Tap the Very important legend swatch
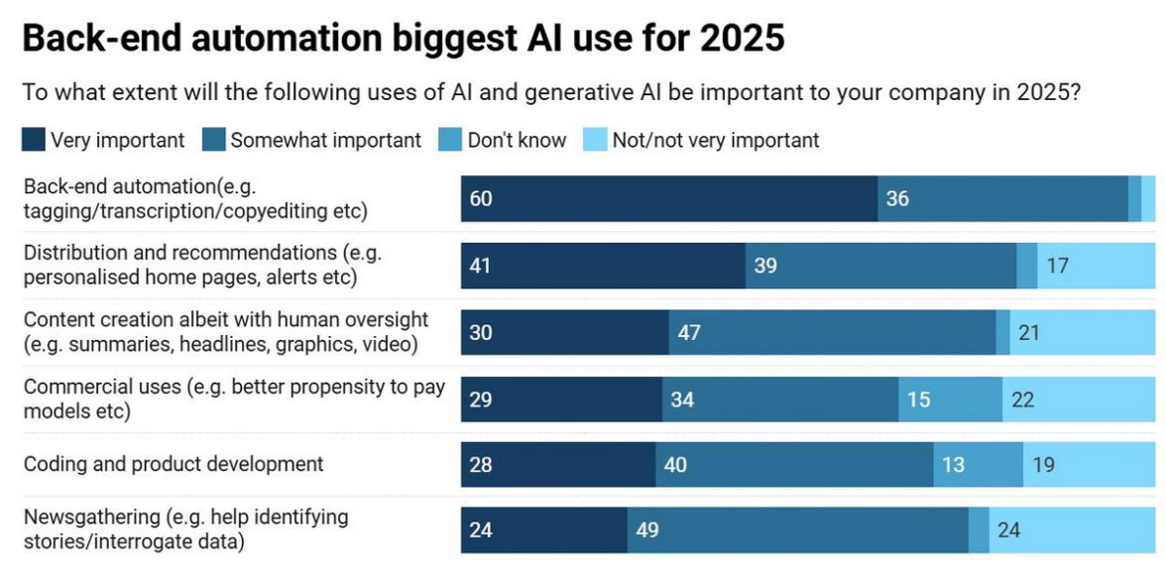[33, 140]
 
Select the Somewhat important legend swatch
[213, 140]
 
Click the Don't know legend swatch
[450, 140]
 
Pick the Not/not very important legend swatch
[595, 140]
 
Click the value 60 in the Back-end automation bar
[481, 199]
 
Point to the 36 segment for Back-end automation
[897, 199]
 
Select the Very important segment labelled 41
[481, 267]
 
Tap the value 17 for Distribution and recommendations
[1057, 267]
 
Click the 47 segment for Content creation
[689, 332]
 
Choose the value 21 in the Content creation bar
[1029, 332]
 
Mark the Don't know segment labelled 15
[919, 399]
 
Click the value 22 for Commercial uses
[1022, 399]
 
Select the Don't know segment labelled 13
[953, 464]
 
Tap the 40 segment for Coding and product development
[675, 464]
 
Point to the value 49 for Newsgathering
[647, 530]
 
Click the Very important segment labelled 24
[481, 530]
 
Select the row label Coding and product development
[174, 463]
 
